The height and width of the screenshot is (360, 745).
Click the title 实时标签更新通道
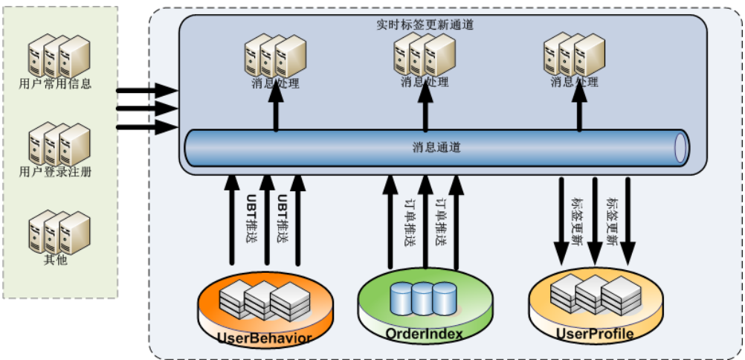click(x=425, y=24)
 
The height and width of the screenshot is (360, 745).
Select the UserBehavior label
click(x=264, y=338)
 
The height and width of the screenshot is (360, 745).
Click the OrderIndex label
click(x=424, y=334)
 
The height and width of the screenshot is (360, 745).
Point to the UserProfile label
click(x=595, y=334)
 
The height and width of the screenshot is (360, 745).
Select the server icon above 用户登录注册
click(x=59, y=145)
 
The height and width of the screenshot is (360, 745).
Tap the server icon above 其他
click(x=59, y=233)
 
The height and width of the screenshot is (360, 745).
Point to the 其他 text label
click(x=55, y=260)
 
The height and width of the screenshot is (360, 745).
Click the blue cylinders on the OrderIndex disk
click(x=422, y=298)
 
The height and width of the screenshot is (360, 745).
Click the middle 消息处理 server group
click(x=424, y=54)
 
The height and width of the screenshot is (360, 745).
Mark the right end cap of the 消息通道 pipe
click(x=680, y=147)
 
